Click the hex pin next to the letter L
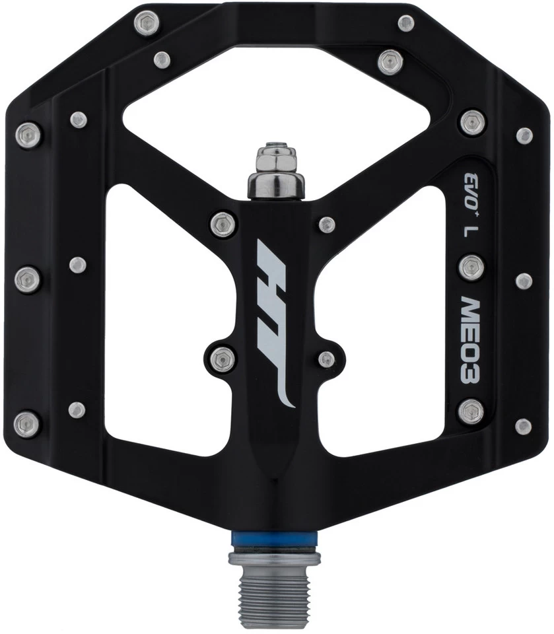[x=471, y=267]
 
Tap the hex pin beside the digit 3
[x=471, y=411]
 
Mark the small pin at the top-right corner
[x=407, y=24]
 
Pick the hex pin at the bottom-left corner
[x=27, y=423]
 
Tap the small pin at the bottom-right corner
[x=523, y=426]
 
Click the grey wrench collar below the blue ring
[x=274, y=559]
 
